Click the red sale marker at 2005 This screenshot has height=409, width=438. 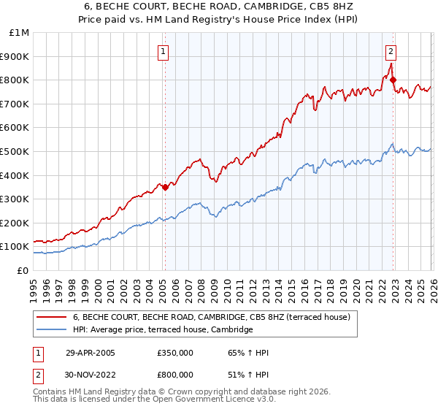165,187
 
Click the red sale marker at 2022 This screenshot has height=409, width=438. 393,80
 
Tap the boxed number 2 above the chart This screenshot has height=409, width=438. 391,51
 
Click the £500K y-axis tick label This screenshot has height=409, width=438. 16,151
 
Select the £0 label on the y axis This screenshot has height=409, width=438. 23,270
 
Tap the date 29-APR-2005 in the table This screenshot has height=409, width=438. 90,353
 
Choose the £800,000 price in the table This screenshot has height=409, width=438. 175,374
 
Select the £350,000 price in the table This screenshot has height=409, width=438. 175,353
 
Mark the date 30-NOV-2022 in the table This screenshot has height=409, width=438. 91,374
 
